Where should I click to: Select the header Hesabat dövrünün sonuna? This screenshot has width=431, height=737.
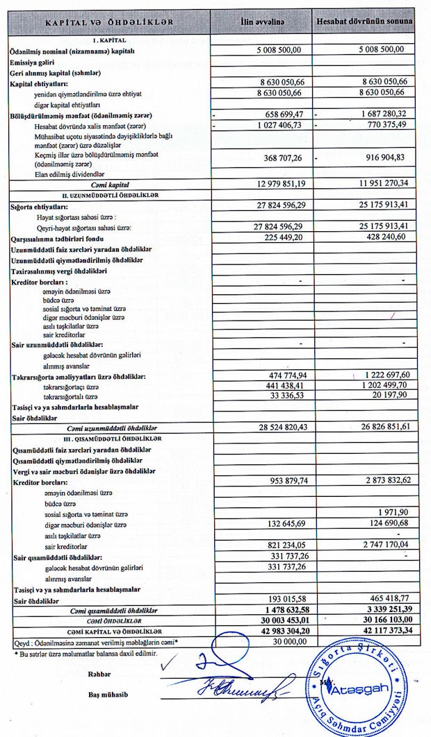[x=365, y=23]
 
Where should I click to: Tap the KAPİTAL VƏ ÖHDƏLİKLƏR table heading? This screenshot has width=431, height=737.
[x=109, y=24]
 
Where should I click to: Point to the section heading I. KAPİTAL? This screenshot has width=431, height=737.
[x=108, y=40]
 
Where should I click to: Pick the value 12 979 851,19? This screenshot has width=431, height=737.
[x=279, y=183]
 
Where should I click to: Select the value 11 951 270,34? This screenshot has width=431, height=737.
[x=380, y=183]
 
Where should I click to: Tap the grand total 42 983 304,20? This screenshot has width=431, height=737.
[x=279, y=630]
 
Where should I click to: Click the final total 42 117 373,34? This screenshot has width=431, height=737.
[x=380, y=630]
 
